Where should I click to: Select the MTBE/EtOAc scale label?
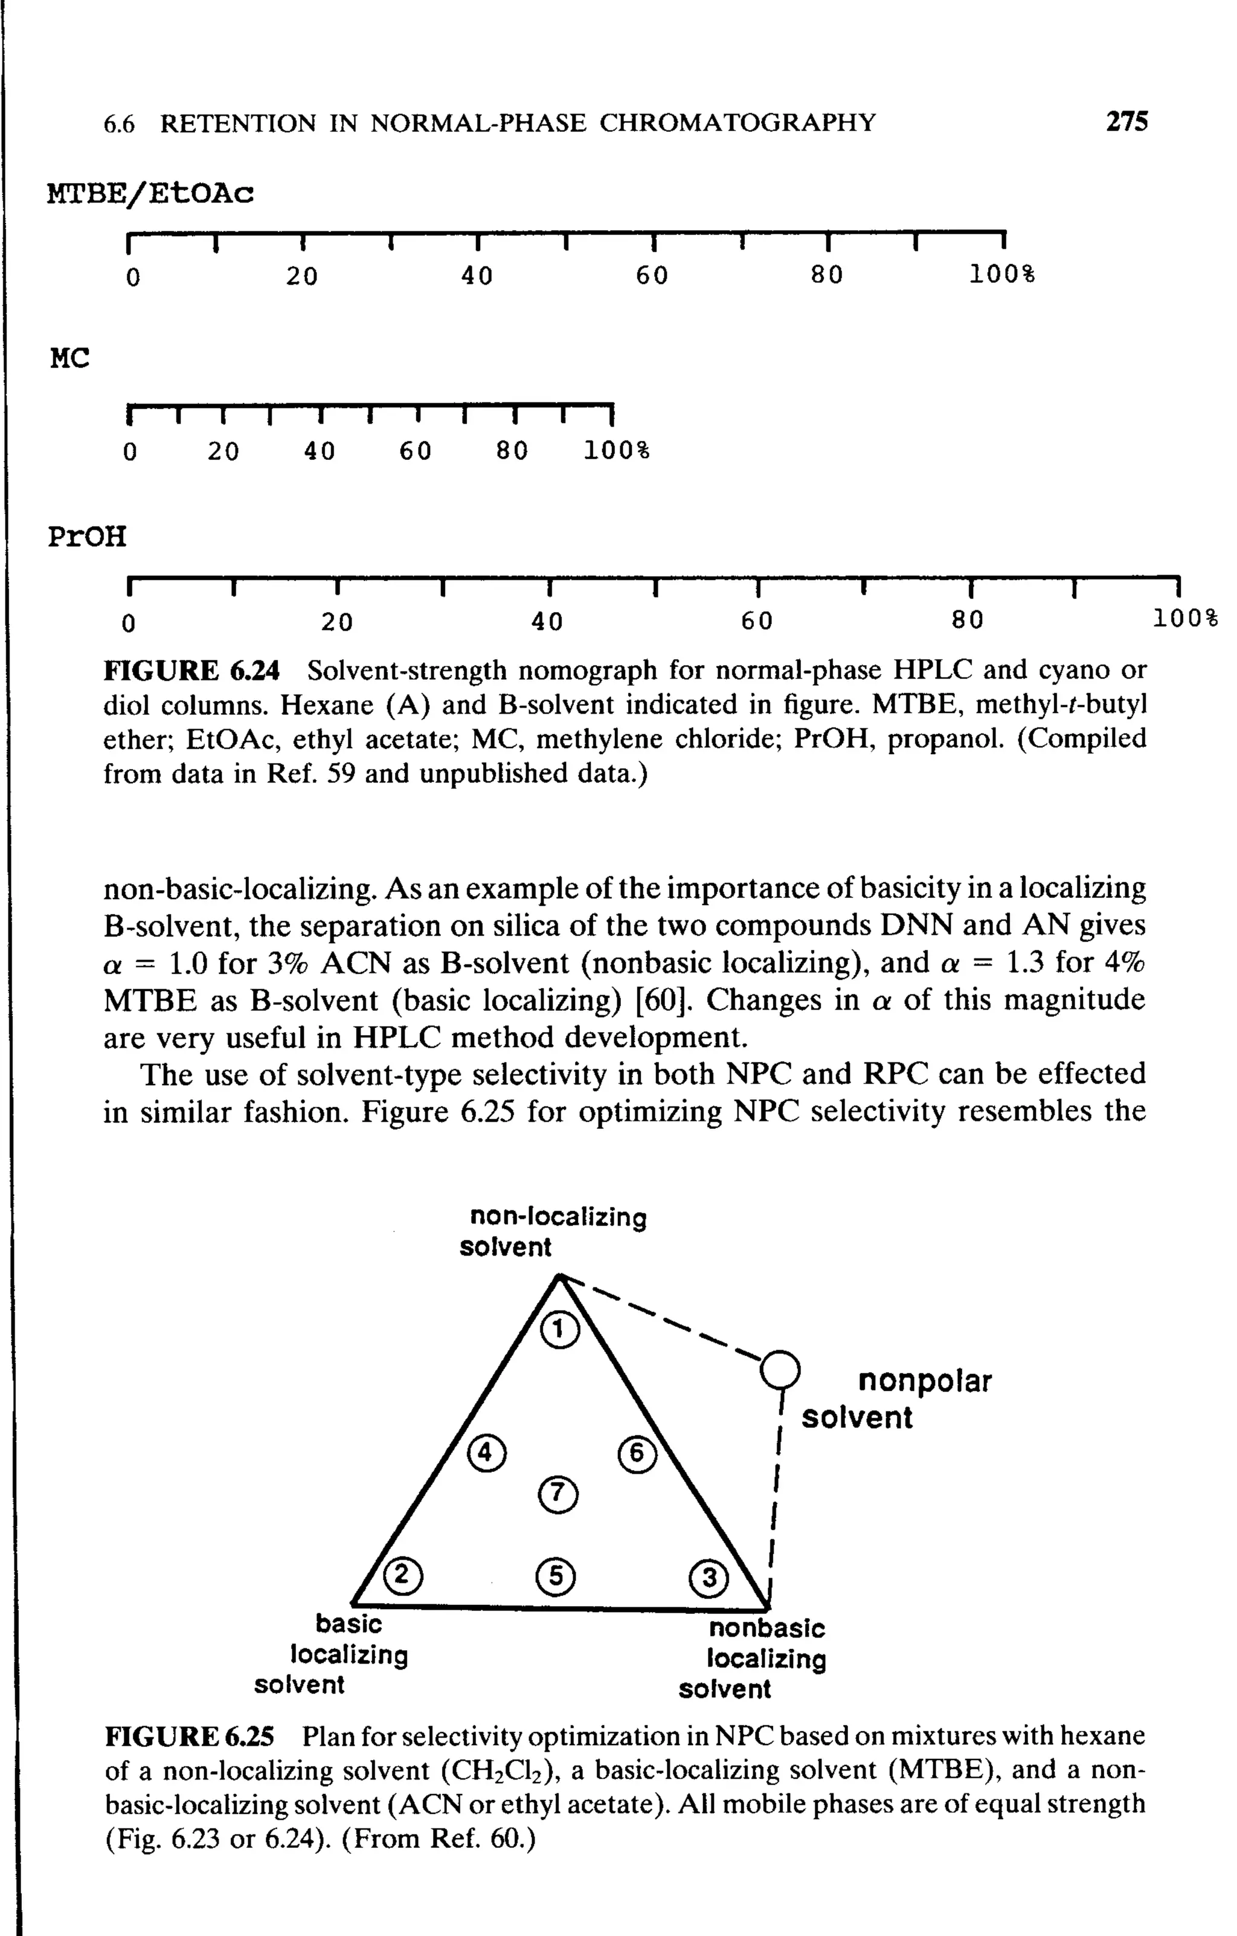click(150, 194)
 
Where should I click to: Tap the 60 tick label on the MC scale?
click(416, 451)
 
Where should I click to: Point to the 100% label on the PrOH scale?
click(1186, 619)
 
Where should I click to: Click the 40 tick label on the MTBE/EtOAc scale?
click(477, 277)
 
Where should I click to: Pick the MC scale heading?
click(70, 358)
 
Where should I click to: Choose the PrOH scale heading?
click(87, 536)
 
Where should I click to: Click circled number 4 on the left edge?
click(486, 1454)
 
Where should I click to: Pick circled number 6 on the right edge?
click(637, 1454)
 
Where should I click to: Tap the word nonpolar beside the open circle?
click(924, 1381)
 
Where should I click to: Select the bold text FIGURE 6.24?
click(192, 670)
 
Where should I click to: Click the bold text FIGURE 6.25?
click(190, 1737)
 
